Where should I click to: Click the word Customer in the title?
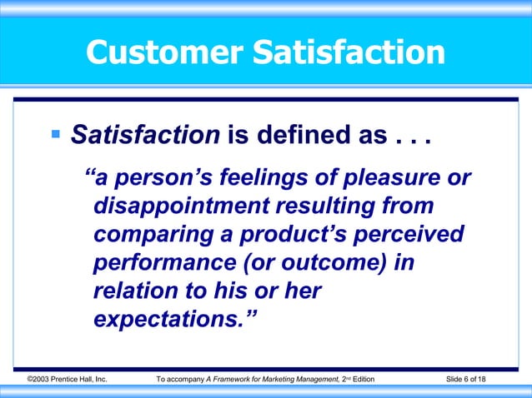(x=162, y=53)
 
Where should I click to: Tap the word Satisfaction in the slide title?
(x=344, y=53)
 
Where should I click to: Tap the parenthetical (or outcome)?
(x=316, y=264)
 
